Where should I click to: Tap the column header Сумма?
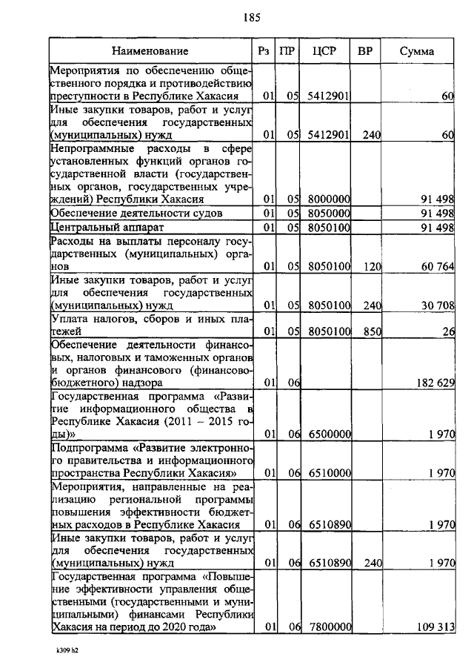coord(417,51)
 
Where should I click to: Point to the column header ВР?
coord(365,51)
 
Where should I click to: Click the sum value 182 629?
coord(431,383)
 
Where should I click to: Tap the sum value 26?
coord(447,332)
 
